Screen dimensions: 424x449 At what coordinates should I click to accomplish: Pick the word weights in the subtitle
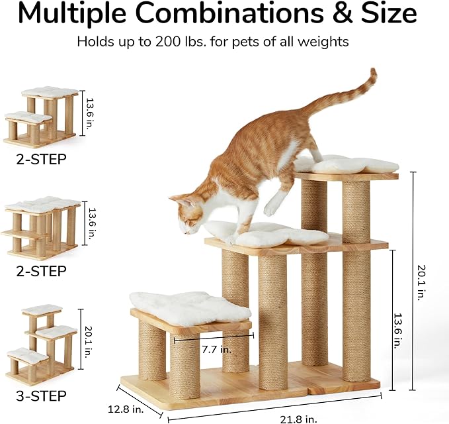(323, 42)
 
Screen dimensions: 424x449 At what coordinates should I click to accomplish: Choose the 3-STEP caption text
(41, 396)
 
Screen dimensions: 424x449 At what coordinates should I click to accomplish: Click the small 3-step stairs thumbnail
(41, 344)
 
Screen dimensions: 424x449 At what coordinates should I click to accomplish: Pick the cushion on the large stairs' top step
(347, 165)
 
